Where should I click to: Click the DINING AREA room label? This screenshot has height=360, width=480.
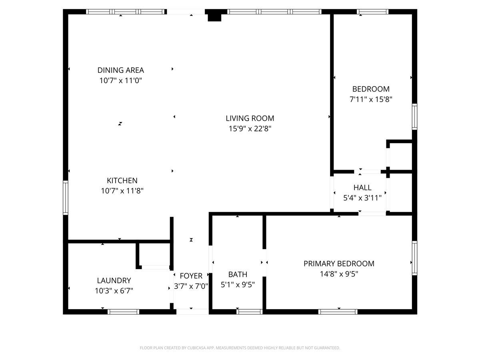pyautogui.click(x=120, y=70)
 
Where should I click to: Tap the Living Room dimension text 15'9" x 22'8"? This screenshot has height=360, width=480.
pyautogui.click(x=250, y=128)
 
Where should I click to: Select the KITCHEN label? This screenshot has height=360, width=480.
pyautogui.click(x=122, y=180)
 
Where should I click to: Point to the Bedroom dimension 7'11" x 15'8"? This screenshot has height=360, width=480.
pyautogui.click(x=371, y=100)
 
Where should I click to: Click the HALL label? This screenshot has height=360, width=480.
pyautogui.click(x=362, y=188)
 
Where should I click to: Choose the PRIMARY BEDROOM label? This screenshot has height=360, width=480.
pyautogui.click(x=339, y=264)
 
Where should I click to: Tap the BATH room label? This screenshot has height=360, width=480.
pyautogui.click(x=238, y=274)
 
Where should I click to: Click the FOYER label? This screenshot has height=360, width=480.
pyautogui.click(x=191, y=276)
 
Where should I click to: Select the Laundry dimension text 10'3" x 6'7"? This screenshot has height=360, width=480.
pyautogui.click(x=114, y=291)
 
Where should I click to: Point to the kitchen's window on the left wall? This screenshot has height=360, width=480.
pyautogui.click(x=65, y=197)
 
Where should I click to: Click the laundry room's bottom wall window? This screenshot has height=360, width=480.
pyautogui.click(x=123, y=312)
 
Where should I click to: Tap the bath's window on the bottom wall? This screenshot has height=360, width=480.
pyautogui.click(x=249, y=312)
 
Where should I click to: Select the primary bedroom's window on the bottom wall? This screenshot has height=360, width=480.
pyautogui.click(x=338, y=312)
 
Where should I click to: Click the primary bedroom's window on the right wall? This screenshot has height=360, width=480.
pyautogui.click(x=414, y=258)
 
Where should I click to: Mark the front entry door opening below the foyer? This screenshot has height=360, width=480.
pyautogui.click(x=192, y=312)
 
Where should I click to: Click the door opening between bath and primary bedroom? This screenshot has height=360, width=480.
pyautogui.click(x=264, y=262)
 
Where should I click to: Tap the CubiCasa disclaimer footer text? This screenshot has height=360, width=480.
pyautogui.click(x=240, y=348)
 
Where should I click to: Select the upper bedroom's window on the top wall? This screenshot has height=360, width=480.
pyautogui.click(x=372, y=12)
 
